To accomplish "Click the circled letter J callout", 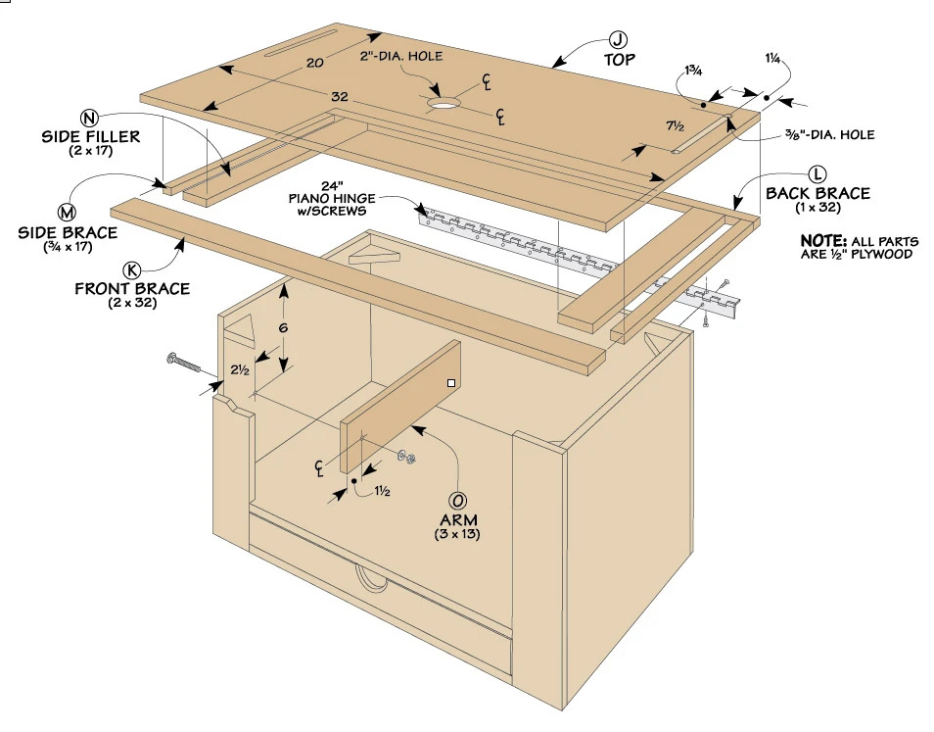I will (x=618, y=40).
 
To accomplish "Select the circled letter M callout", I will (x=67, y=213).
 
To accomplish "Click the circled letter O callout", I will (x=458, y=500).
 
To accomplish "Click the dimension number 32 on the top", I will (x=340, y=98).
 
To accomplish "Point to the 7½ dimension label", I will (x=675, y=125).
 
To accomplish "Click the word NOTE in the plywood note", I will (x=819, y=240).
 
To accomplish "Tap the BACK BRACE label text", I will (x=817, y=193).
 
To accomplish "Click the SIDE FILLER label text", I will (x=91, y=136).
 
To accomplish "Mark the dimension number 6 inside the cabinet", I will (x=283, y=328).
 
